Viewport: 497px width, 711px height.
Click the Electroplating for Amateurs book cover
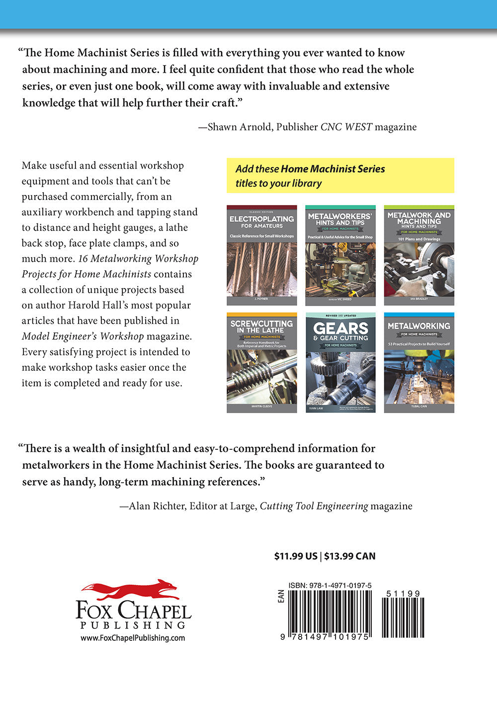click(261, 255)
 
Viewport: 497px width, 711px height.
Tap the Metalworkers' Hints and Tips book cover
click(340, 255)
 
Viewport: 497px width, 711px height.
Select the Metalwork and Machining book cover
click(418, 255)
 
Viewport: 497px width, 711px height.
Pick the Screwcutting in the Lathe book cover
click(261, 363)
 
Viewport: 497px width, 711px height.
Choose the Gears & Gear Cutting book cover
click(340, 363)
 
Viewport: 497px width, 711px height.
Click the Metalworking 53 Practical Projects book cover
click(418, 363)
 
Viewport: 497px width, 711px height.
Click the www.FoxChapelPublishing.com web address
click(133, 638)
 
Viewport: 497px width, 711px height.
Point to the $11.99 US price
click(296, 556)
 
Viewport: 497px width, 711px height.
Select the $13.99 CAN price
click(350, 556)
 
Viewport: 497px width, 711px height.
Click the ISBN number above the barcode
click(330, 586)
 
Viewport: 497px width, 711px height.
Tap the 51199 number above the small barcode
click(403, 594)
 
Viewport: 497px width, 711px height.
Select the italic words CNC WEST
click(346, 127)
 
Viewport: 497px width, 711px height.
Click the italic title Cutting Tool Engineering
click(314, 506)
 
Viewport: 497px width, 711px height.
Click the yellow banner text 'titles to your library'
click(278, 183)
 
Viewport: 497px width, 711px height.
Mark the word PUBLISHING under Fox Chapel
click(133, 625)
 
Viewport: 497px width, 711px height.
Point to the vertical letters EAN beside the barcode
click(281, 597)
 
